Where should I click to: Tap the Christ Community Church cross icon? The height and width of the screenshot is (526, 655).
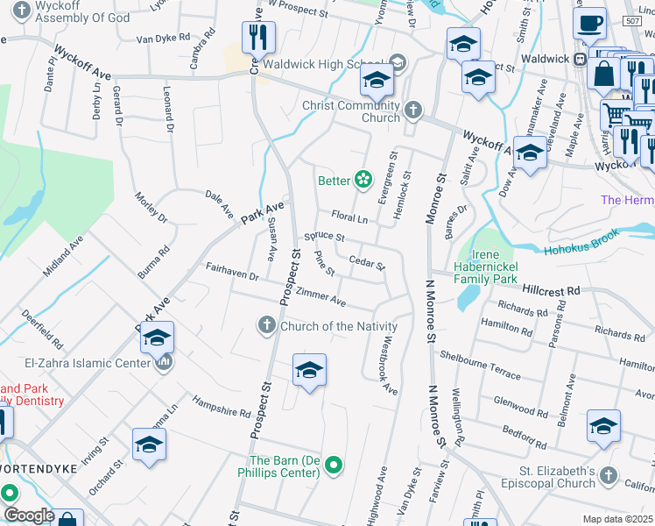click(413, 110)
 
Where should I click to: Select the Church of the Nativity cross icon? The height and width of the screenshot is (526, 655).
click(267, 326)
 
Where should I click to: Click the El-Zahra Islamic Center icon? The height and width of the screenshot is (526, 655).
click(163, 362)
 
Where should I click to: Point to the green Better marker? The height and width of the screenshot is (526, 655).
click(363, 181)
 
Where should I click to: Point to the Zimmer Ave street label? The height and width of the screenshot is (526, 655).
click(321, 298)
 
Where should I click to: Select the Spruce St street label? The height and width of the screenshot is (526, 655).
click(324, 237)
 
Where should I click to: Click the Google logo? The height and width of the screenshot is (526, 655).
click(29, 515)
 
